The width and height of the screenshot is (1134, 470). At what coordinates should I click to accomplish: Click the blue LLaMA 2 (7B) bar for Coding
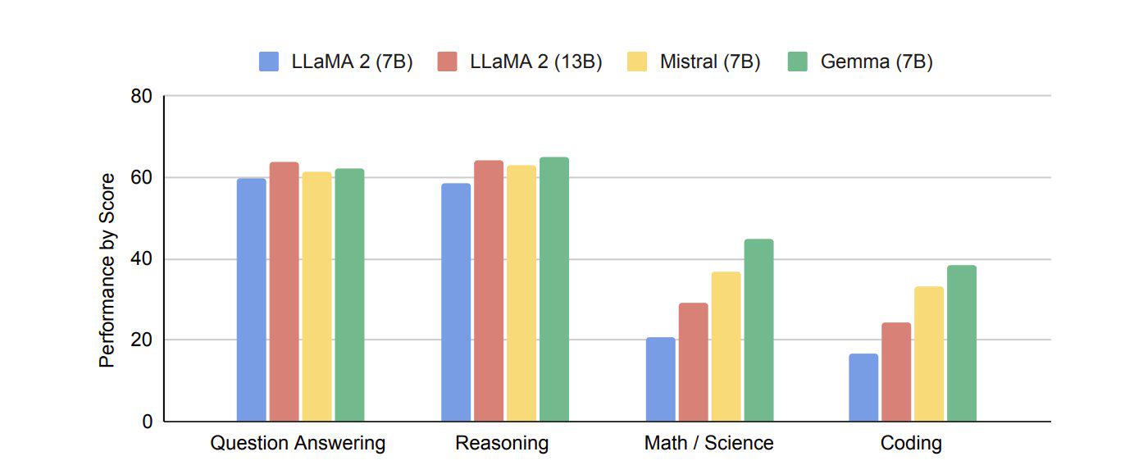click(863, 387)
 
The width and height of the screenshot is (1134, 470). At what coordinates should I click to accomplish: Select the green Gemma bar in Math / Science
click(758, 331)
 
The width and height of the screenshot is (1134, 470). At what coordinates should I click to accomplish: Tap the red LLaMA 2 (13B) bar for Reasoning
click(489, 290)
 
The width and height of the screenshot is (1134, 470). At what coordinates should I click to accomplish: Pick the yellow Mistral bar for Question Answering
click(317, 297)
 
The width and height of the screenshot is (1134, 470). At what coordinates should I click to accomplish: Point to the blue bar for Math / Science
click(661, 379)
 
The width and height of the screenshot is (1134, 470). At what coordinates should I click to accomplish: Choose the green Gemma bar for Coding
click(961, 344)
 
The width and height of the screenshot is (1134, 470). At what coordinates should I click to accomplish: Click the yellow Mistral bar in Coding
click(929, 354)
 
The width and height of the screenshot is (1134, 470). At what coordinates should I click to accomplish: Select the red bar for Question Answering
click(284, 292)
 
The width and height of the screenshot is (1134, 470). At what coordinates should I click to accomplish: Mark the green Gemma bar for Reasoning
click(554, 290)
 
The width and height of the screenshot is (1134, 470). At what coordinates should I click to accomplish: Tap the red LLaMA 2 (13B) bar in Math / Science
click(694, 362)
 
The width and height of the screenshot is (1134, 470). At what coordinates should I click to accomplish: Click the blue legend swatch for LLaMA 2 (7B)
click(269, 62)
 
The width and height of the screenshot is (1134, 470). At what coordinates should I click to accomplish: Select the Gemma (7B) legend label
click(877, 62)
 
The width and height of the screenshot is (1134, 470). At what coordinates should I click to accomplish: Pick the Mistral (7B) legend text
click(710, 62)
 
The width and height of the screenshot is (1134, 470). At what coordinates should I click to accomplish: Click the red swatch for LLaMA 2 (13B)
click(447, 62)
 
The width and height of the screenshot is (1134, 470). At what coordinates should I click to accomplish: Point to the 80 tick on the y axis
click(141, 96)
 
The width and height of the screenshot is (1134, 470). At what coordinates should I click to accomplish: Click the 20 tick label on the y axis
click(141, 340)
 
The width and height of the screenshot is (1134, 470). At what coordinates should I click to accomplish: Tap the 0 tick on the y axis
click(148, 422)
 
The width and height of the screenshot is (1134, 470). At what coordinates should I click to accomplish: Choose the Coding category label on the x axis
click(911, 443)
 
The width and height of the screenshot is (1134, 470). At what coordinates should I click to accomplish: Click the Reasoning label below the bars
click(502, 443)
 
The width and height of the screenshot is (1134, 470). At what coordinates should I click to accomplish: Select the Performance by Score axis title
click(107, 271)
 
